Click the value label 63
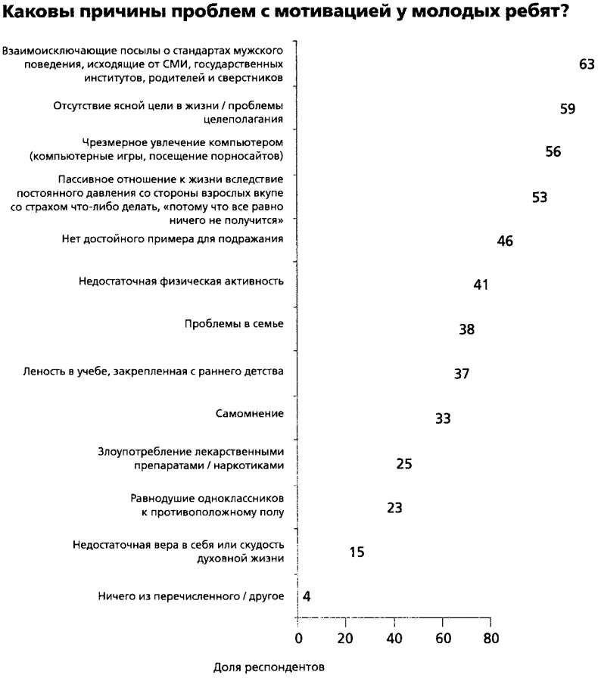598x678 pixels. tap(586, 65)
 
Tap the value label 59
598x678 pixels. tap(568, 109)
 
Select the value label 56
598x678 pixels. tap(553, 152)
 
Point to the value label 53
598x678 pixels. tap(540, 197)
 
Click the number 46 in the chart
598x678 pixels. tap(506, 241)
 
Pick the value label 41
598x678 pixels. tap(481, 285)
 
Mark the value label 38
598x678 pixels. tap(467, 330)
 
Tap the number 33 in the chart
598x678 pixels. tap(444, 418)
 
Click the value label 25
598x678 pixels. tap(404, 463)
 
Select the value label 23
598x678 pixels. tap(394, 508)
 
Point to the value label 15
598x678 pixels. tap(357, 552)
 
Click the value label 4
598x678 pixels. tap(307, 596)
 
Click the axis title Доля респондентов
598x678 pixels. tap(269, 667)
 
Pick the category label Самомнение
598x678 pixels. tap(250, 414)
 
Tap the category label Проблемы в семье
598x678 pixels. tap(234, 325)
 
